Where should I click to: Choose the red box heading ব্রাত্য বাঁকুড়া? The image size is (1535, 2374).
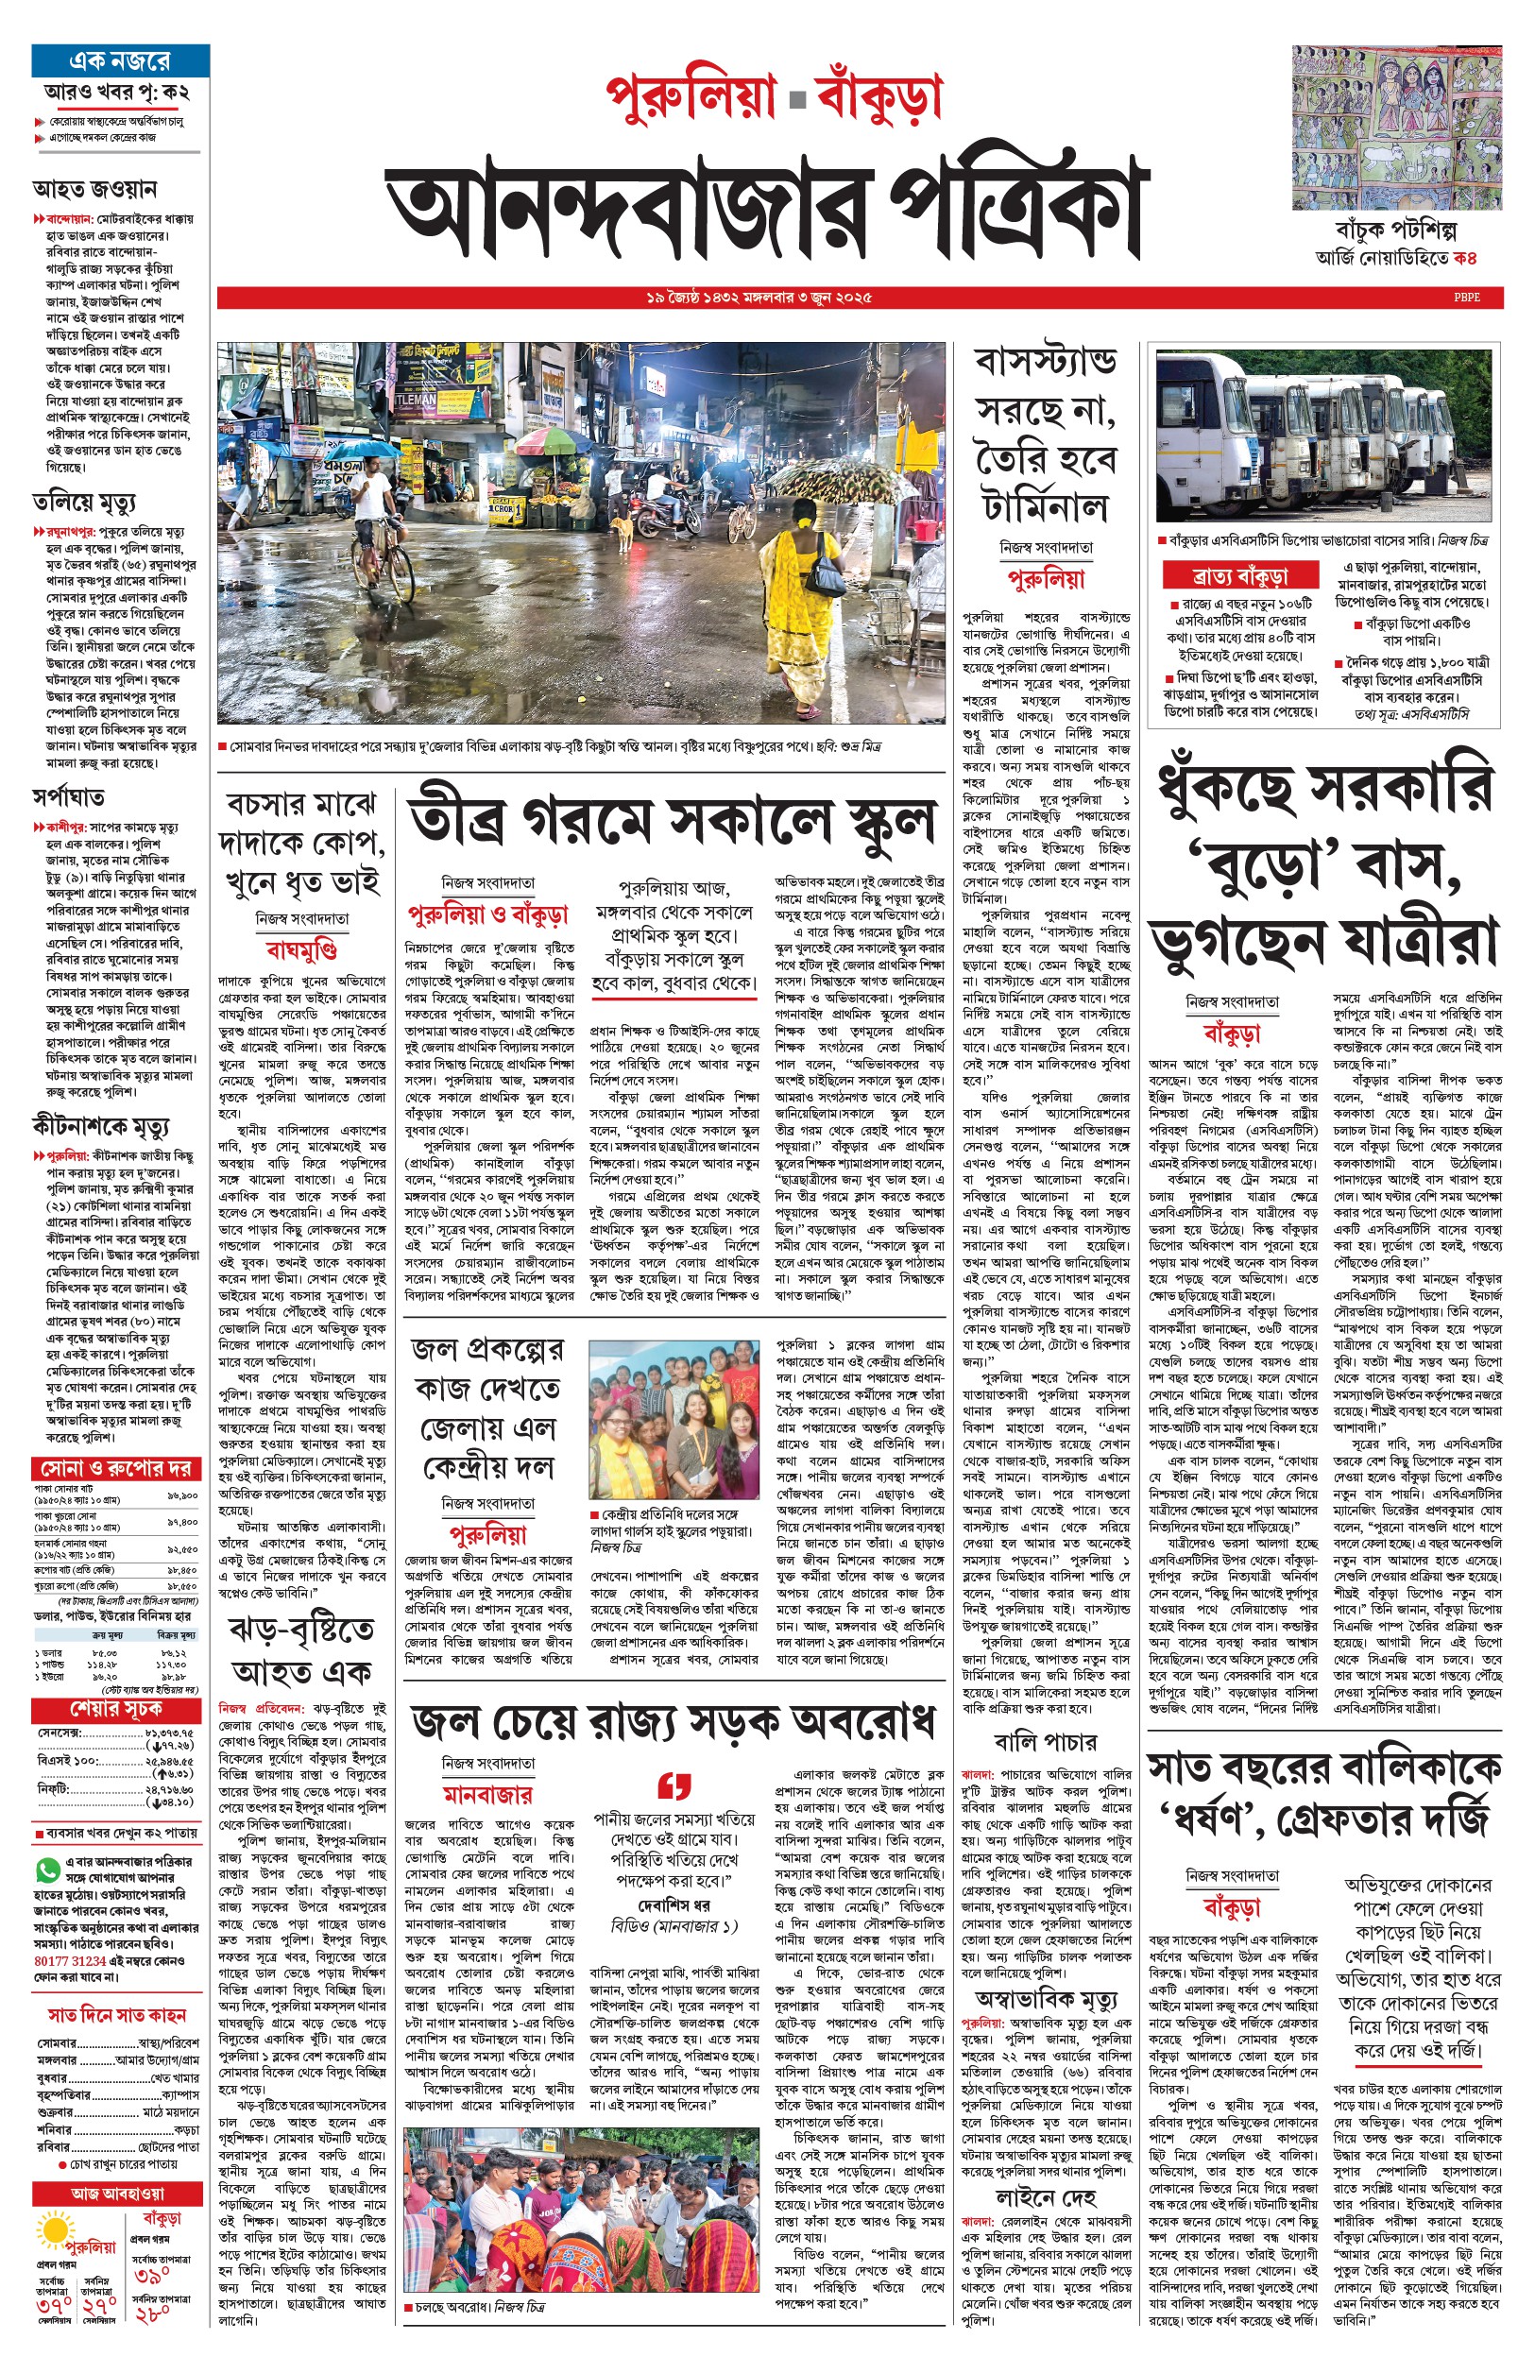tap(1239, 576)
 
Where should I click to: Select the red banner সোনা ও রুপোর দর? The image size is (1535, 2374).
tap(116, 1469)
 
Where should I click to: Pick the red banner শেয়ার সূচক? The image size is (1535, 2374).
tap(116, 1708)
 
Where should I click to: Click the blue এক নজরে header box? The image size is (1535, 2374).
tap(121, 60)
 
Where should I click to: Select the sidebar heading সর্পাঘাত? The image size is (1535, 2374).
tap(69, 796)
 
